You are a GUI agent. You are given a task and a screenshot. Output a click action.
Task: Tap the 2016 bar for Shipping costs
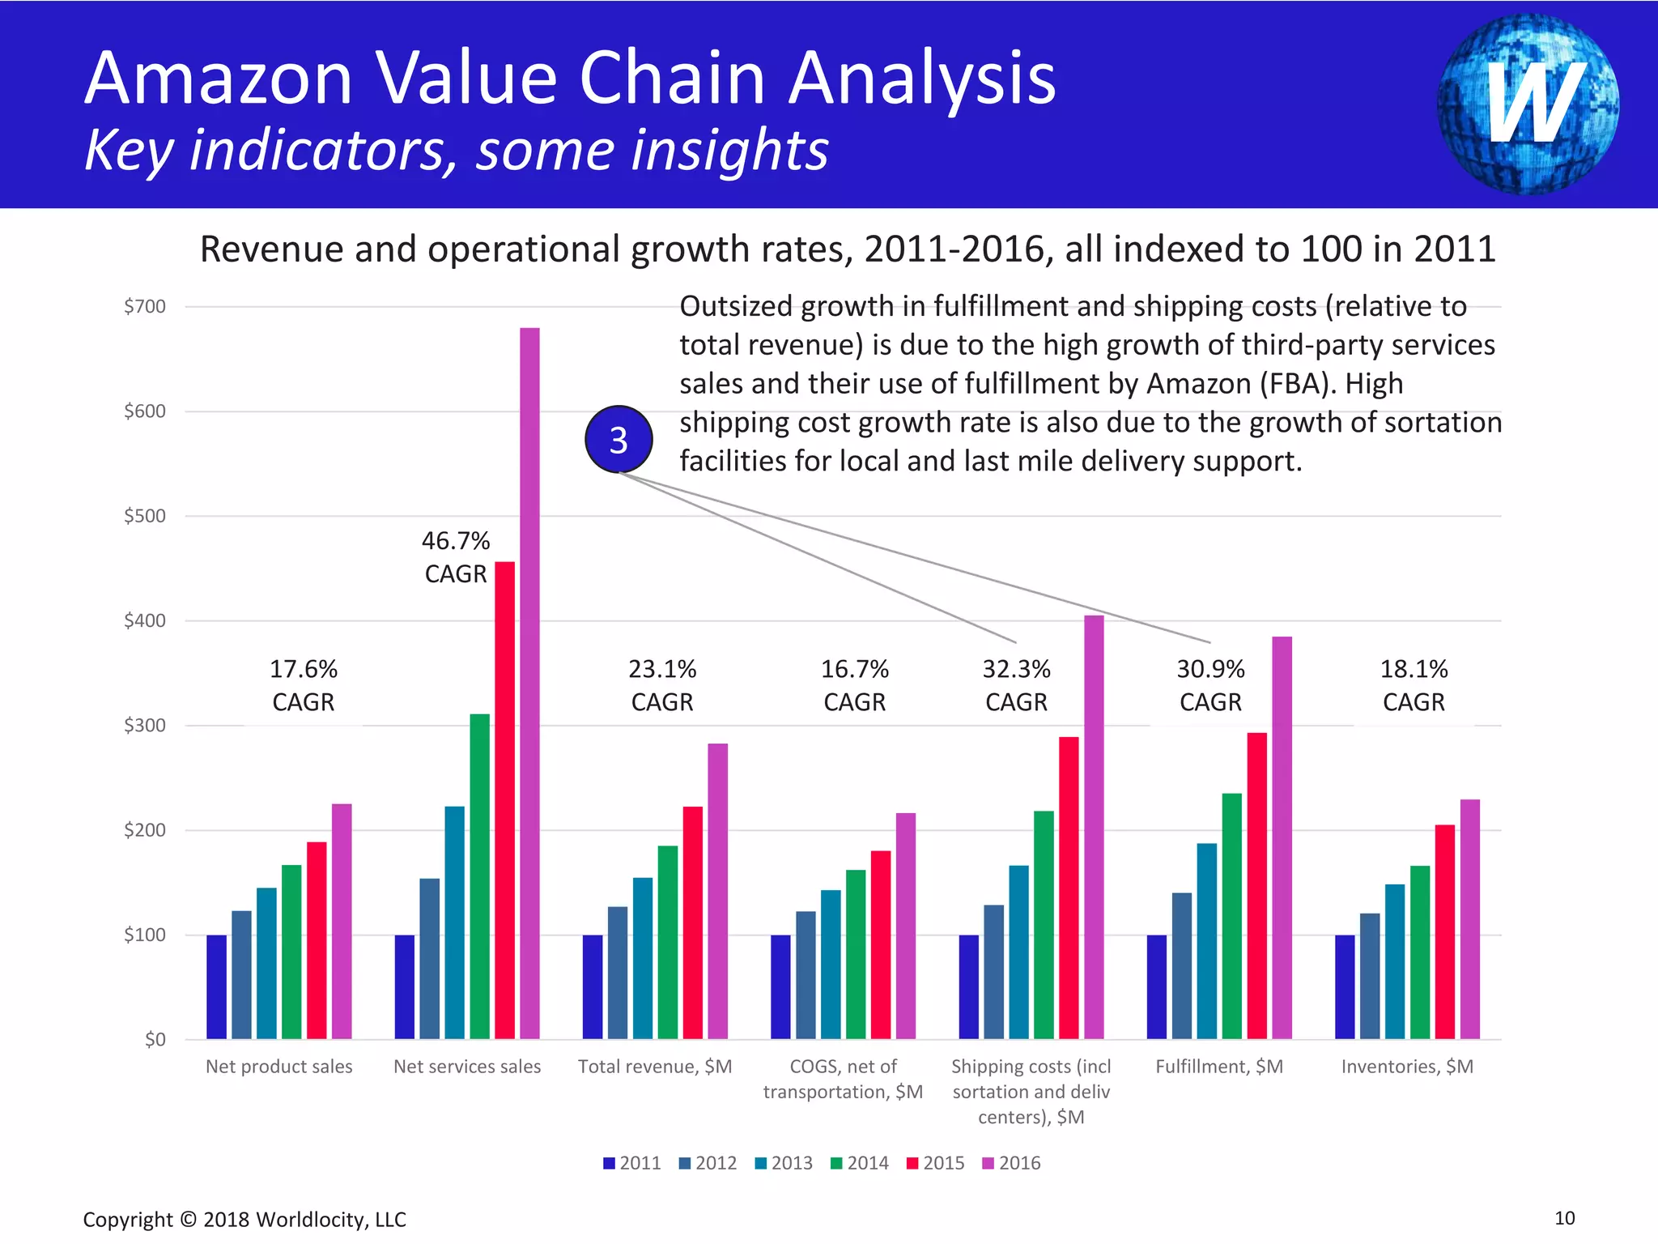[x=1094, y=827]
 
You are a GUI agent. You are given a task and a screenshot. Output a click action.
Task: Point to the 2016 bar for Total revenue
[x=717, y=891]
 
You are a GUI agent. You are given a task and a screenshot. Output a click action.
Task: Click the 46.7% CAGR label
[x=456, y=557]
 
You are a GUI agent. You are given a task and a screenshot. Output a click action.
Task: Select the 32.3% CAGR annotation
[x=1016, y=685]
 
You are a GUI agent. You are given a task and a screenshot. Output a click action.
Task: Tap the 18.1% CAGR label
[x=1414, y=685]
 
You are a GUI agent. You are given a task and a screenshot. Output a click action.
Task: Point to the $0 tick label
[x=155, y=1039]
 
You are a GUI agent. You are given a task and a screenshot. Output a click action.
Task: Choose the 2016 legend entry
[x=1011, y=1163]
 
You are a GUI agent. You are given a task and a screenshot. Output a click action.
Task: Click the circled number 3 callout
[x=619, y=440]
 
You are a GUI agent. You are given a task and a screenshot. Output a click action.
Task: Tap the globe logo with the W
[x=1528, y=104]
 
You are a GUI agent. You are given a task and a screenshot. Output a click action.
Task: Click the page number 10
[x=1564, y=1218]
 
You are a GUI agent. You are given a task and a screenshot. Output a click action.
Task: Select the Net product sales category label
[x=278, y=1067]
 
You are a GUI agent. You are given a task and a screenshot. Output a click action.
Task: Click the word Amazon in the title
[x=219, y=79]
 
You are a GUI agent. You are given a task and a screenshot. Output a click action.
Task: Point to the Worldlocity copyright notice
[x=244, y=1220]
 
